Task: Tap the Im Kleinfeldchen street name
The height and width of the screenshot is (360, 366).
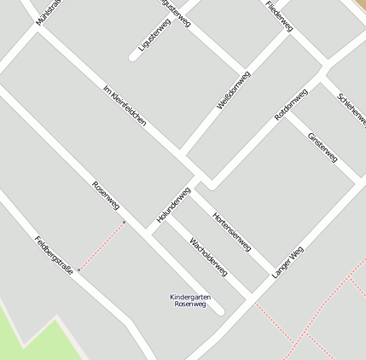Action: click(x=125, y=106)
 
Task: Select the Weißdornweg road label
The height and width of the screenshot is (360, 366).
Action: click(x=233, y=90)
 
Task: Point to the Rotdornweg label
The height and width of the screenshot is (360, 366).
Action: click(x=291, y=104)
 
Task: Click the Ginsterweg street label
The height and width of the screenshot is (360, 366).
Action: click(x=322, y=147)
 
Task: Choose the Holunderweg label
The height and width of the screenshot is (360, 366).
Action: click(x=173, y=206)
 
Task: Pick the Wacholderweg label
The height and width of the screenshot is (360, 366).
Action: click(x=208, y=256)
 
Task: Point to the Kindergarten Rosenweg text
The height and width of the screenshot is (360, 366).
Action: click(x=190, y=300)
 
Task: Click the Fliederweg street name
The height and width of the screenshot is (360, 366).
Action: click(x=279, y=15)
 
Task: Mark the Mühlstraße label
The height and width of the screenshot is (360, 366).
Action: click(x=49, y=10)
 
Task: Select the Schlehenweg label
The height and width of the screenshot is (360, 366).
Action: click(x=351, y=110)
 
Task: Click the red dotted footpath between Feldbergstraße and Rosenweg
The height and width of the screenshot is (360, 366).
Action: click(x=102, y=246)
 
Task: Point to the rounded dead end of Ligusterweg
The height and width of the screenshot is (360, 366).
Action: click(x=134, y=58)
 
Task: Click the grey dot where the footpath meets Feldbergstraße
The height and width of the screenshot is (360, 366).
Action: click(x=79, y=270)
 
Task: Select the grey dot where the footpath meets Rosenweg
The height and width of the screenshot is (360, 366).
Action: click(x=125, y=223)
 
